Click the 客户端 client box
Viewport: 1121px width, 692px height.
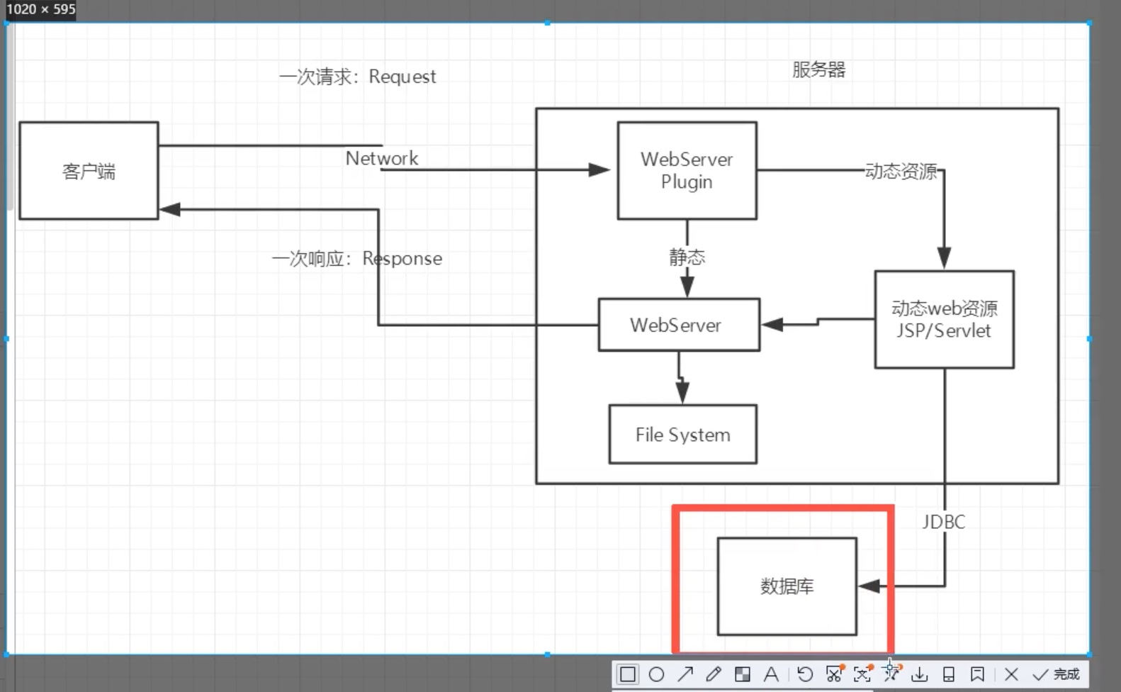point(89,171)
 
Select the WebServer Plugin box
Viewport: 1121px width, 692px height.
point(687,171)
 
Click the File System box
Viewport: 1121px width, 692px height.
point(682,435)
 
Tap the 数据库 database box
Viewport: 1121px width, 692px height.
point(787,586)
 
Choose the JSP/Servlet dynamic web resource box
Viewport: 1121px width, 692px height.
point(944,320)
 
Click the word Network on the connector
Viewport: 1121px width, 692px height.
point(382,158)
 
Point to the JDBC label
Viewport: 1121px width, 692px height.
point(943,523)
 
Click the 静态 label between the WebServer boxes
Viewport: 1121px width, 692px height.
point(687,257)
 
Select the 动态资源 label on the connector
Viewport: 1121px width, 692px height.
point(901,172)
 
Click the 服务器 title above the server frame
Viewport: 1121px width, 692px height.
point(818,69)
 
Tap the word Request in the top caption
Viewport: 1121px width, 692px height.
point(402,77)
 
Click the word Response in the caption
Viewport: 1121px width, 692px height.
point(402,259)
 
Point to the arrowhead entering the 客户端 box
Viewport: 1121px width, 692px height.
point(170,209)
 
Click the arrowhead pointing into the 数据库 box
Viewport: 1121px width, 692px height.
point(869,586)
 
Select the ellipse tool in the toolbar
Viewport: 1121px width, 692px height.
point(656,674)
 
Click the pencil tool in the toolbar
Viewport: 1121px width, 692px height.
point(714,674)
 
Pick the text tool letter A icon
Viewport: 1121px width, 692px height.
point(771,674)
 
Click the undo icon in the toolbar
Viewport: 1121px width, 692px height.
point(805,674)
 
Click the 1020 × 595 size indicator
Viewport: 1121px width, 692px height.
point(40,9)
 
